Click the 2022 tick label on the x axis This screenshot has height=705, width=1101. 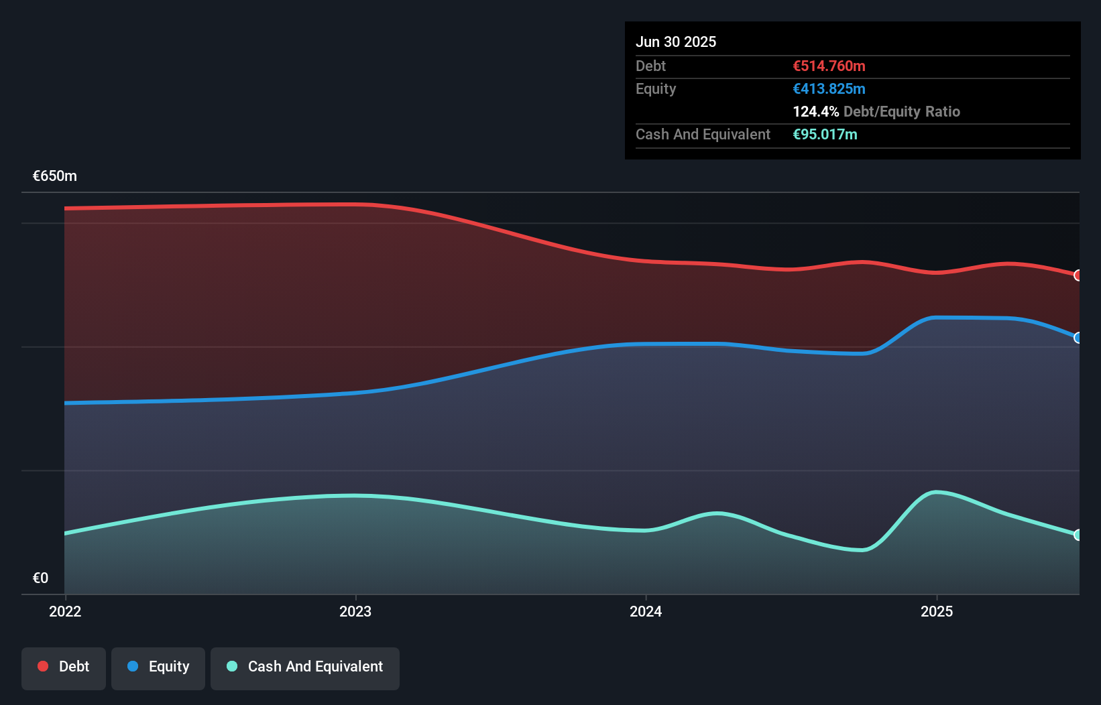[x=65, y=611]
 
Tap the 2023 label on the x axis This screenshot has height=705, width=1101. [x=355, y=611]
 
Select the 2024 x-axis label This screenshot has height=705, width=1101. [x=646, y=611]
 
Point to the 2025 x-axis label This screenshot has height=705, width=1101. [x=937, y=611]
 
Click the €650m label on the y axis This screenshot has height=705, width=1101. [x=55, y=176]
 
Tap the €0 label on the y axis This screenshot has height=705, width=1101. [x=40, y=578]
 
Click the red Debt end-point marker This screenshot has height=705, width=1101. [x=1078, y=275]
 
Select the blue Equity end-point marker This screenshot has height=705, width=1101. [x=1078, y=338]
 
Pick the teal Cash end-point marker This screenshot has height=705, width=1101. [x=1078, y=535]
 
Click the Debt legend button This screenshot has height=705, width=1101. [x=64, y=667]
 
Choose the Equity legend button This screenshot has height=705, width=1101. [x=158, y=667]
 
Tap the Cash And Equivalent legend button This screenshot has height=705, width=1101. [x=305, y=667]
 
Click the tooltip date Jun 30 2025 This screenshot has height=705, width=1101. [x=676, y=42]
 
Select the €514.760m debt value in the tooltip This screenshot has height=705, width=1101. [x=829, y=66]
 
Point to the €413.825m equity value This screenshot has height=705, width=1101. [x=829, y=88]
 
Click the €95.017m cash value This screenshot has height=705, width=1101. [x=825, y=134]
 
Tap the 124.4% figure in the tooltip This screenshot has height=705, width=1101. [x=815, y=111]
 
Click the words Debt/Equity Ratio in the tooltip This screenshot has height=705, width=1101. [x=902, y=111]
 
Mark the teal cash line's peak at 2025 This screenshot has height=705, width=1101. [x=936, y=493]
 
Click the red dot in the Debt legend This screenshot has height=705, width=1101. [x=43, y=666]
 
